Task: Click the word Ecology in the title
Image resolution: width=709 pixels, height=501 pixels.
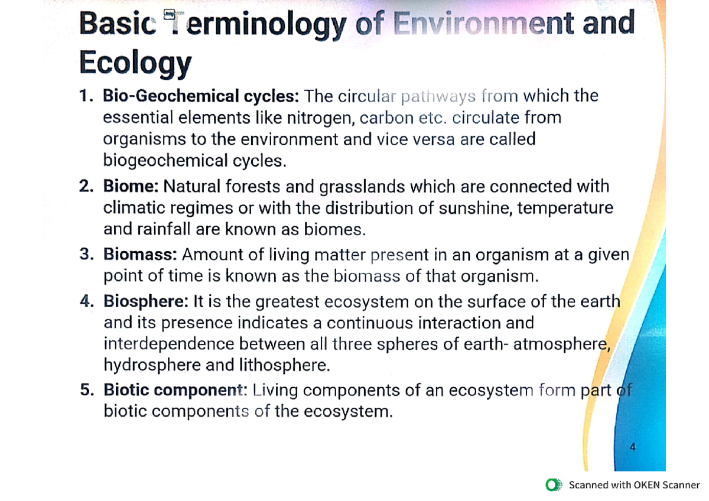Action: click(135, 63)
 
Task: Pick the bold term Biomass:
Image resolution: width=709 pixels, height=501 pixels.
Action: click(140, 255)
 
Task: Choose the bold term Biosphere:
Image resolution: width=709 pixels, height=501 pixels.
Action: click(146, 301)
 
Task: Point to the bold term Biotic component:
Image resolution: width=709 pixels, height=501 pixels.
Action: click(174, 390)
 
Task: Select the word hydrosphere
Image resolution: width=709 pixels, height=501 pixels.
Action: click(152, 365)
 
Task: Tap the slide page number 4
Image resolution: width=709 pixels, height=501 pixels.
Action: click(633, 447)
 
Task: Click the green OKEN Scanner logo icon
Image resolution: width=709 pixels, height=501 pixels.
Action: click(554, 485)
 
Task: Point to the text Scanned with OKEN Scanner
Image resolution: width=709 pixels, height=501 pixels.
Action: click(634, 485)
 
